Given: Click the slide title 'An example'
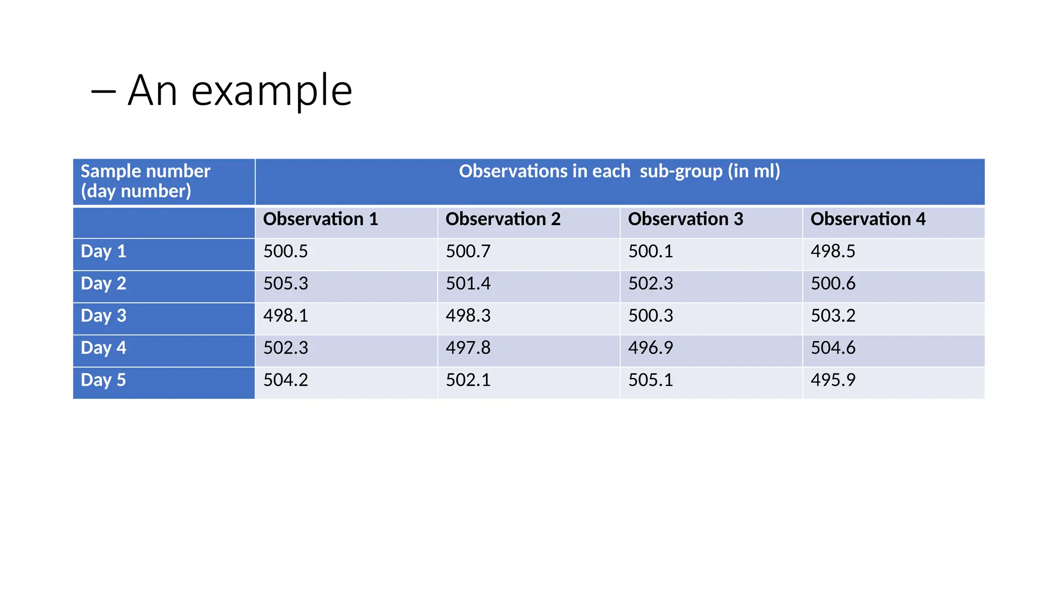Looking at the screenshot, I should point(240,91).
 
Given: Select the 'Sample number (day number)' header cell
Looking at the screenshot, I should point(145,181).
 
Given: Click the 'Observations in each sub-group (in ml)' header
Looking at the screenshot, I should point(619,171).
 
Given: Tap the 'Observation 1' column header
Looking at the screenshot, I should point(320,219).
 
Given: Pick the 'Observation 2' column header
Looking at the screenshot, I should point(503,219).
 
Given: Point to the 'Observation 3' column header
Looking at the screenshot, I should point(685,219).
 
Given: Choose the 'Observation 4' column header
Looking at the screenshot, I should point(867,219).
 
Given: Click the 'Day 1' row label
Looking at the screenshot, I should point(103,252).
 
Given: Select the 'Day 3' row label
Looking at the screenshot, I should point(103,316).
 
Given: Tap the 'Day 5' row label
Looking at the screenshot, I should point(103,380).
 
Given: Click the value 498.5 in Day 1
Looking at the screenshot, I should point(833,252).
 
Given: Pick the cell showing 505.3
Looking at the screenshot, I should point(285,284).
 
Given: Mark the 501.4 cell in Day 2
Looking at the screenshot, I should point(468,284).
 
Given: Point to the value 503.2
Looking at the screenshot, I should point(833,316).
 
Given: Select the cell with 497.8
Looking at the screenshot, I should point(468,348).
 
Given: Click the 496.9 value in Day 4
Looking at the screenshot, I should point(650,348).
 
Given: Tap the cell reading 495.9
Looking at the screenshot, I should point(833,380).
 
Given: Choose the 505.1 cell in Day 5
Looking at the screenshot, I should point(650,380).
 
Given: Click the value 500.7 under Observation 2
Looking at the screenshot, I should point(468,252).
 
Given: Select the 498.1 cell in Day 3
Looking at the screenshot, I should point(285,316).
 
